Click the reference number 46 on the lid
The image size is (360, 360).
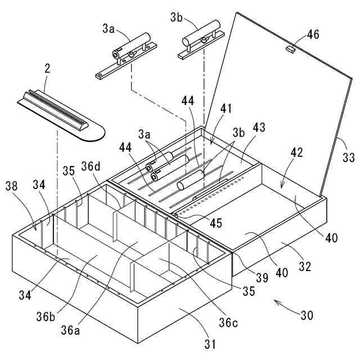[x=313, y=35]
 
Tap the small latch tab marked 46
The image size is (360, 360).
[x=290, y=49]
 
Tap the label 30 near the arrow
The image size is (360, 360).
[x=307, y=316]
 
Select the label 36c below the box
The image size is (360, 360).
[x=229, y=323]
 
